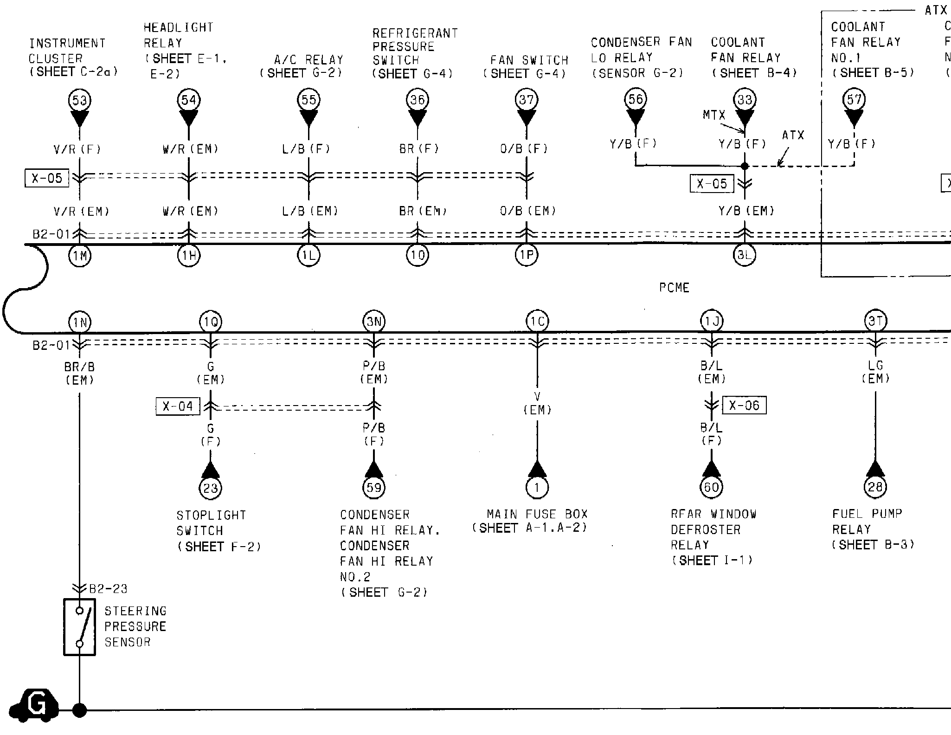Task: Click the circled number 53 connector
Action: [79, 101]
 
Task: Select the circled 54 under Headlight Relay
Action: [188, 100]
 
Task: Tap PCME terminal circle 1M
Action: [80, 255]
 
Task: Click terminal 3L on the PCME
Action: [745, 255]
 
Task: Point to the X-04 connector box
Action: [178, 406]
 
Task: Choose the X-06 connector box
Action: [744, 406]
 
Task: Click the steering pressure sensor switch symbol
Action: [80, 627]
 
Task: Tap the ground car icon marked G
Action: [34, 706]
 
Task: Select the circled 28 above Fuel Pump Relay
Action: [875, 487]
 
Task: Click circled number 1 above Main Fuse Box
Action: [537, 487]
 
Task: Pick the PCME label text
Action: [674, 288]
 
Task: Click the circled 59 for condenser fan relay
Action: [374, 487]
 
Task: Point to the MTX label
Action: [713, 115]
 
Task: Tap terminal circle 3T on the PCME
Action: [875, 321]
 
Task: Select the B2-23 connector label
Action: [108, 589]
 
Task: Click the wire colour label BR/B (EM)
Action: [80, 374]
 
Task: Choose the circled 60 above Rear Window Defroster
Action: [711, 487]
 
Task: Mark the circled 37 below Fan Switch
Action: [526, 100]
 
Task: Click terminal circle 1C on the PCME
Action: [537, 321]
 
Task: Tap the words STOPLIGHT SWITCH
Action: [211, 523]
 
